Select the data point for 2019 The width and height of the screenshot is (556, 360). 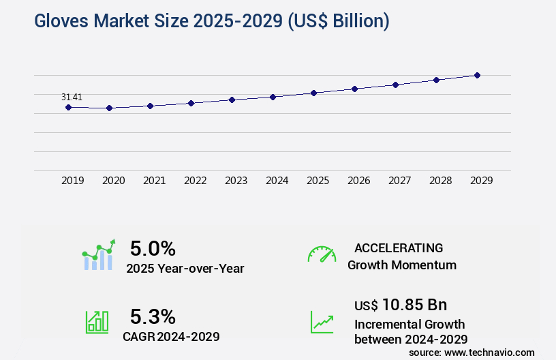click(68, 107)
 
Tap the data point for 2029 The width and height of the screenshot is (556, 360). click(477, 75)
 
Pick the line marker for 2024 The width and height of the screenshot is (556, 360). click(273, 97)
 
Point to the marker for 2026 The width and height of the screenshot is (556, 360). click(354, 89)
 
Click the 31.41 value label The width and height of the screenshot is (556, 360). click(72, 97)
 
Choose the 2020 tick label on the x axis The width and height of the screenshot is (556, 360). click(113, 181)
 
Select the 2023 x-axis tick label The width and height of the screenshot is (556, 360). click(236, 181)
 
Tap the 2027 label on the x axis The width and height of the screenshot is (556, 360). click(399, 181)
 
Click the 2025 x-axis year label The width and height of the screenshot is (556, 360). click(318, 181)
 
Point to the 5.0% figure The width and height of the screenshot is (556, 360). click(153, 247)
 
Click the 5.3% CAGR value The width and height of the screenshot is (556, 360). click(153, 316)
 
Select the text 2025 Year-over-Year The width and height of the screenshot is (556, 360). click(185, 269)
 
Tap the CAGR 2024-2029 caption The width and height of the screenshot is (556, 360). click(171, 336)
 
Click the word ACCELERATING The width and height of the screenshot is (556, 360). click(399, 247)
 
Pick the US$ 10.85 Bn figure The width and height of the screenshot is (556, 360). click(401, 305)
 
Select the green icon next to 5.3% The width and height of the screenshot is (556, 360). click(97, 322)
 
